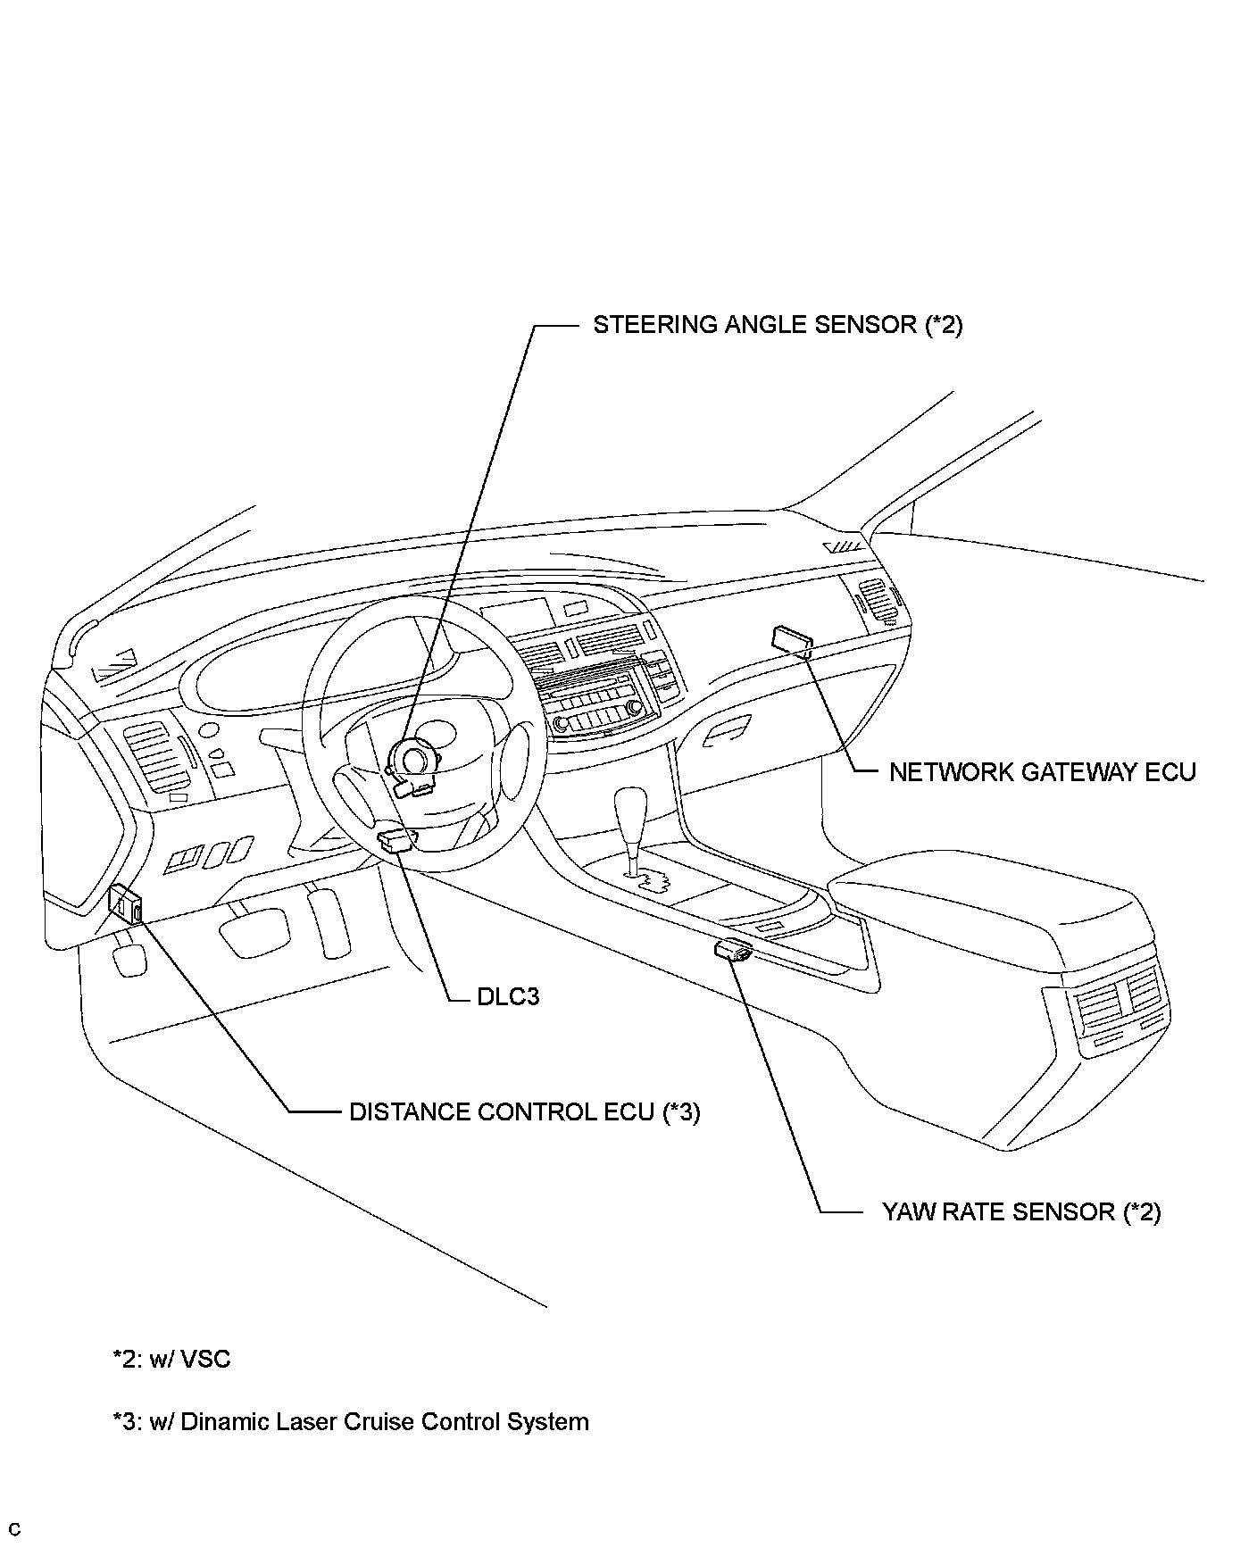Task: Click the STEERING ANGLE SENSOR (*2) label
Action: click(x=778, y=325)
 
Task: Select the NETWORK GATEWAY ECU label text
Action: click(x=1042, y=772)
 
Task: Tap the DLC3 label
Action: click(x=508, y=996)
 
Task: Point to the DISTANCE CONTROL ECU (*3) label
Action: click(x=524, y=1112)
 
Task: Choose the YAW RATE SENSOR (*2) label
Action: click(x=1021, y=1211)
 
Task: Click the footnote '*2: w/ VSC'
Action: click(x=171, y=1360)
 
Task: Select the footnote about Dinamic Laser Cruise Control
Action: click(x=350, y=1422)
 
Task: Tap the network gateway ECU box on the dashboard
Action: click(x=792, y=640)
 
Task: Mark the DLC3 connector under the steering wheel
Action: click(x=397, y=840)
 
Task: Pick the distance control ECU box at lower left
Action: click(x=126, y=905)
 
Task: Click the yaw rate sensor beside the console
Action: click(x=734, y=950)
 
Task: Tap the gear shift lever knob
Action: click(x=631, y=809)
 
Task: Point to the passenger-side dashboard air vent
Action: click(x=874, y=598)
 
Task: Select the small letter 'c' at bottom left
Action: click(x=14, y=1531)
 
